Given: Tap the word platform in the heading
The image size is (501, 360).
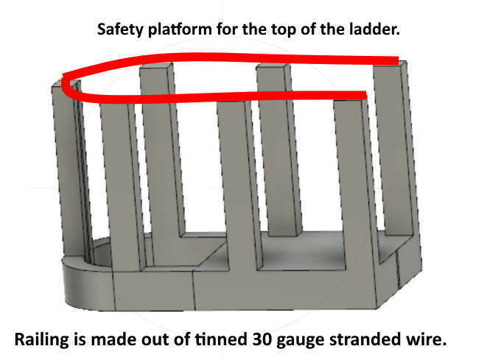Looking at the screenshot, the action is (x=180, y=30).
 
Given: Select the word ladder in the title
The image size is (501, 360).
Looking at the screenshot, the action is (x=374, y=29).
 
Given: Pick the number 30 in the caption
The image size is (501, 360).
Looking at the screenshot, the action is (x=262, y=339).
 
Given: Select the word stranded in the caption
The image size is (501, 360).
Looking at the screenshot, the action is (x=364, y=339).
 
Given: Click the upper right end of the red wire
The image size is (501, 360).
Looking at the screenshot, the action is (x=398, y=60).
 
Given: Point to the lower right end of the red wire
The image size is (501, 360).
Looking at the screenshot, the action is (x=365, y=95).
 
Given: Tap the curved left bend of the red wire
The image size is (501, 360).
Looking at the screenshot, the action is (x=66, y=84).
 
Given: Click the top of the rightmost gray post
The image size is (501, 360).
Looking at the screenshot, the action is (x=390, y=64).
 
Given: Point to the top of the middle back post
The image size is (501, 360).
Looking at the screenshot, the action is (x=273, y=67).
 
